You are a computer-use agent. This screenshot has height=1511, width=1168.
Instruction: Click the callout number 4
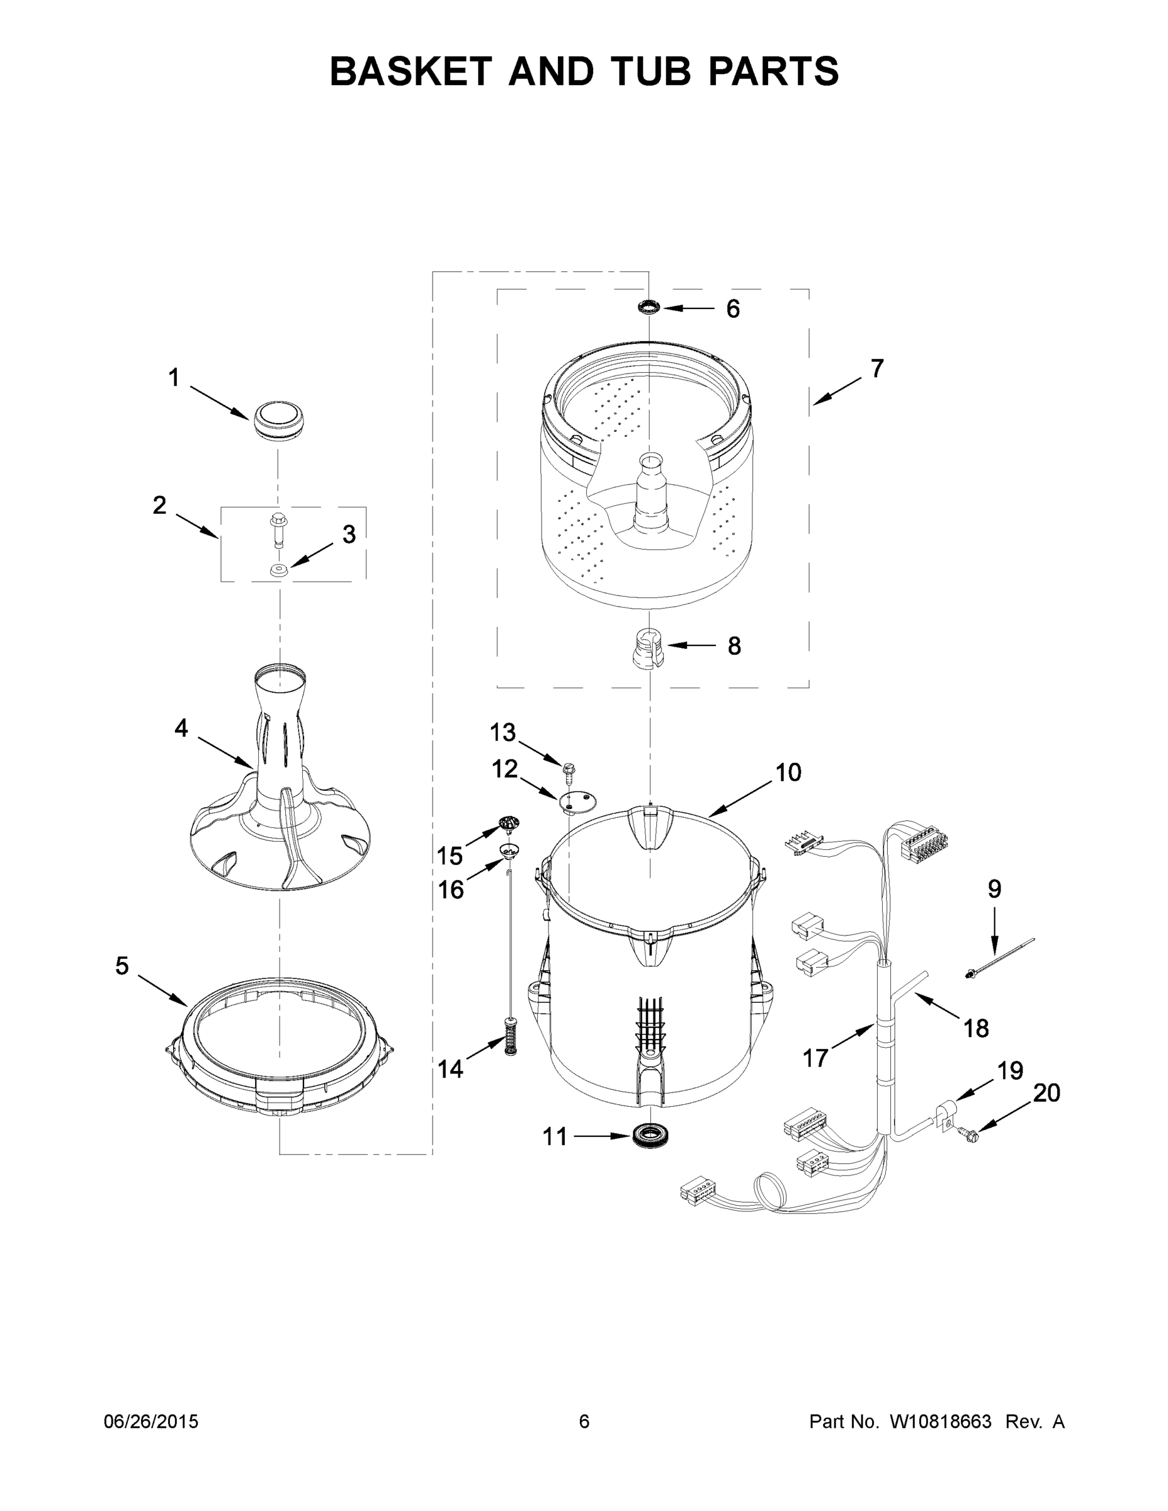(181, 728)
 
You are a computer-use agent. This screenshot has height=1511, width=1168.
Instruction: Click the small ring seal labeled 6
(649, 307)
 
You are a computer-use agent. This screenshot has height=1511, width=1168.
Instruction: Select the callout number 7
(876, 369)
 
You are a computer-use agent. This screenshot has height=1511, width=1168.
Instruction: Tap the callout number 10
(788, 772)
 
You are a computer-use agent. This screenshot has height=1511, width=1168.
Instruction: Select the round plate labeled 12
(575, 802)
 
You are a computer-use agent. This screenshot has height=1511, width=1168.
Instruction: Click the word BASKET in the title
(411, 71)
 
